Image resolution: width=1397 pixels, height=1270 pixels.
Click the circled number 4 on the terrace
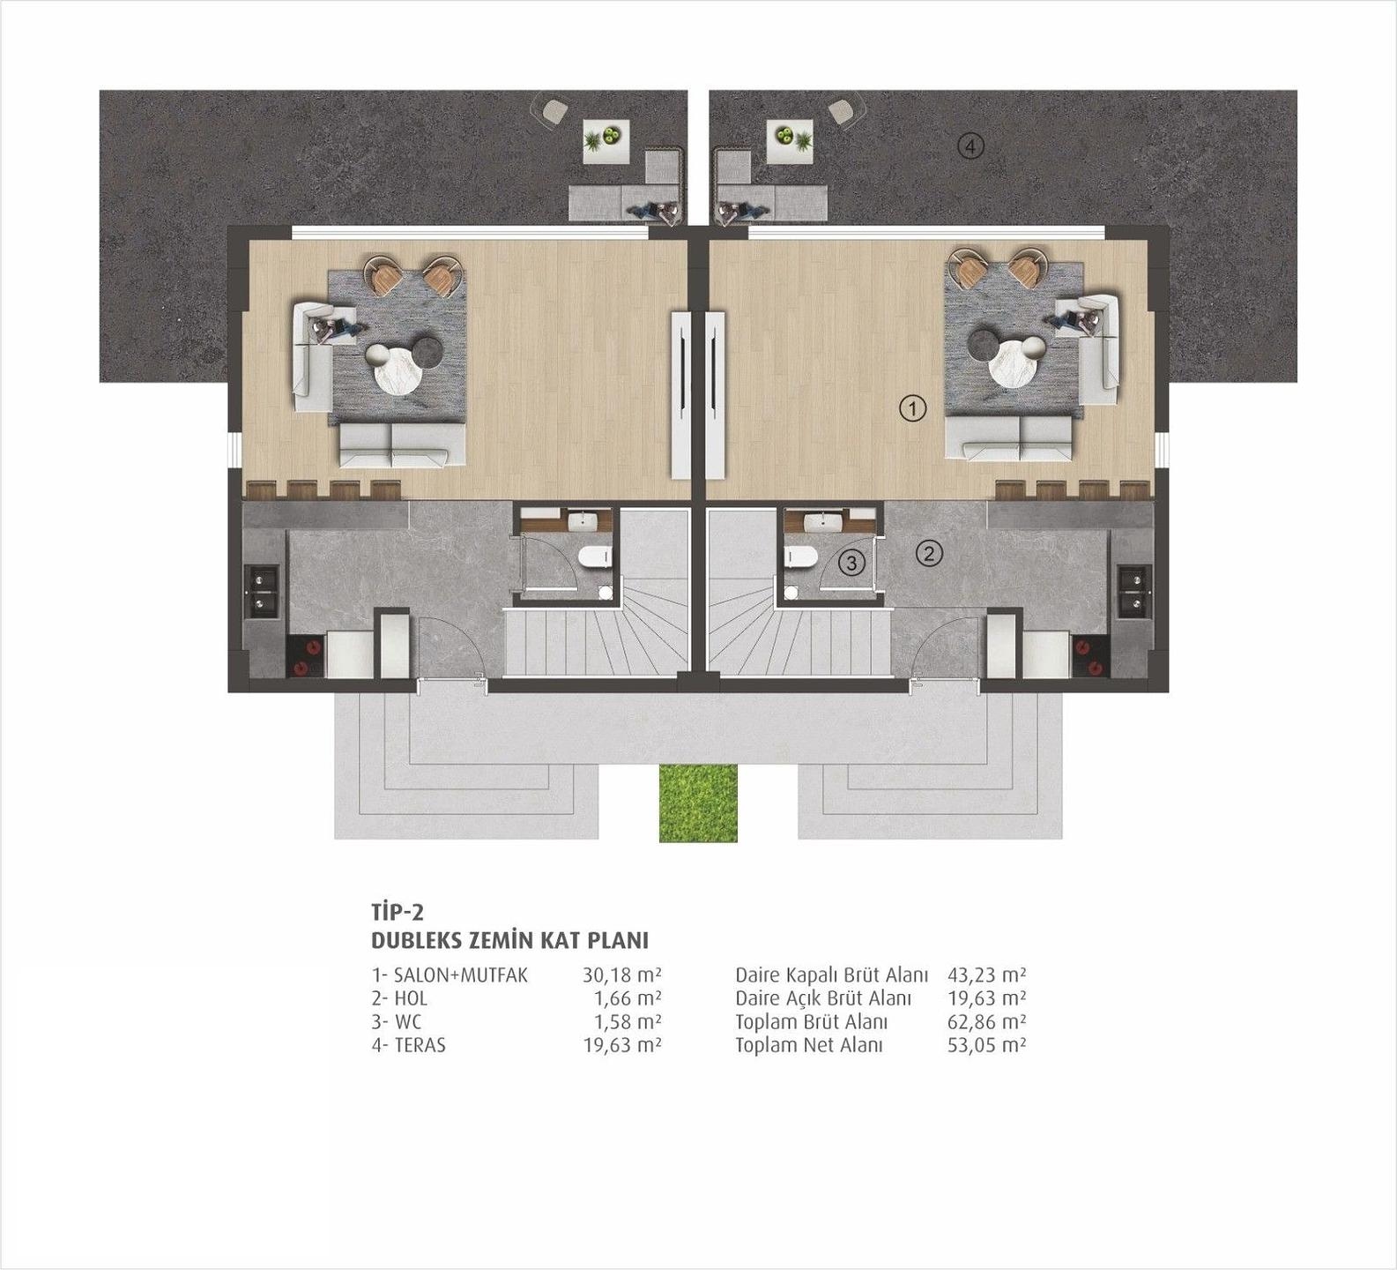pos(970,146)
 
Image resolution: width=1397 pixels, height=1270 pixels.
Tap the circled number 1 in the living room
pos(912,408)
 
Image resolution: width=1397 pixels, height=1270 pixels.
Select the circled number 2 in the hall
pos(929,554)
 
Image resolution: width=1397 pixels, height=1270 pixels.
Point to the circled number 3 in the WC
pos(851,562)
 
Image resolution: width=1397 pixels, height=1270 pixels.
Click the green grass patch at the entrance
pos(698,803)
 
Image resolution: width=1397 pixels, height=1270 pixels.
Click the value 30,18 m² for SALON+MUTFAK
pos(621,975)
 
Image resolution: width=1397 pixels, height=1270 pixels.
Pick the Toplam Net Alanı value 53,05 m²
pos(986,1045)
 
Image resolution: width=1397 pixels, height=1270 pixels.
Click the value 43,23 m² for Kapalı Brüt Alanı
pos(986,975)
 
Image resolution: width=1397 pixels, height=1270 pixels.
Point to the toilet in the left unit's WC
pos(596,557)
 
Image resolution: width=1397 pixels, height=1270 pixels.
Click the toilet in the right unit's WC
pos(800,557)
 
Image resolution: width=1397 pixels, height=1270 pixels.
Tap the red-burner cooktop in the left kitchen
pos(306,655)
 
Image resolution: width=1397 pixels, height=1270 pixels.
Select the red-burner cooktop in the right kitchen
pos(1089,655)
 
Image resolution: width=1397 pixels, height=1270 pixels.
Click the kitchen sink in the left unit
pos(262,591)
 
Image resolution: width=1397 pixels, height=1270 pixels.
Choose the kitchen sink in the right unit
pos(1134,591)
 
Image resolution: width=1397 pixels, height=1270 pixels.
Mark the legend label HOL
pos(412,998)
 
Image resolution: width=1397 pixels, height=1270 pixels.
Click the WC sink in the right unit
pos(830,522)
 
